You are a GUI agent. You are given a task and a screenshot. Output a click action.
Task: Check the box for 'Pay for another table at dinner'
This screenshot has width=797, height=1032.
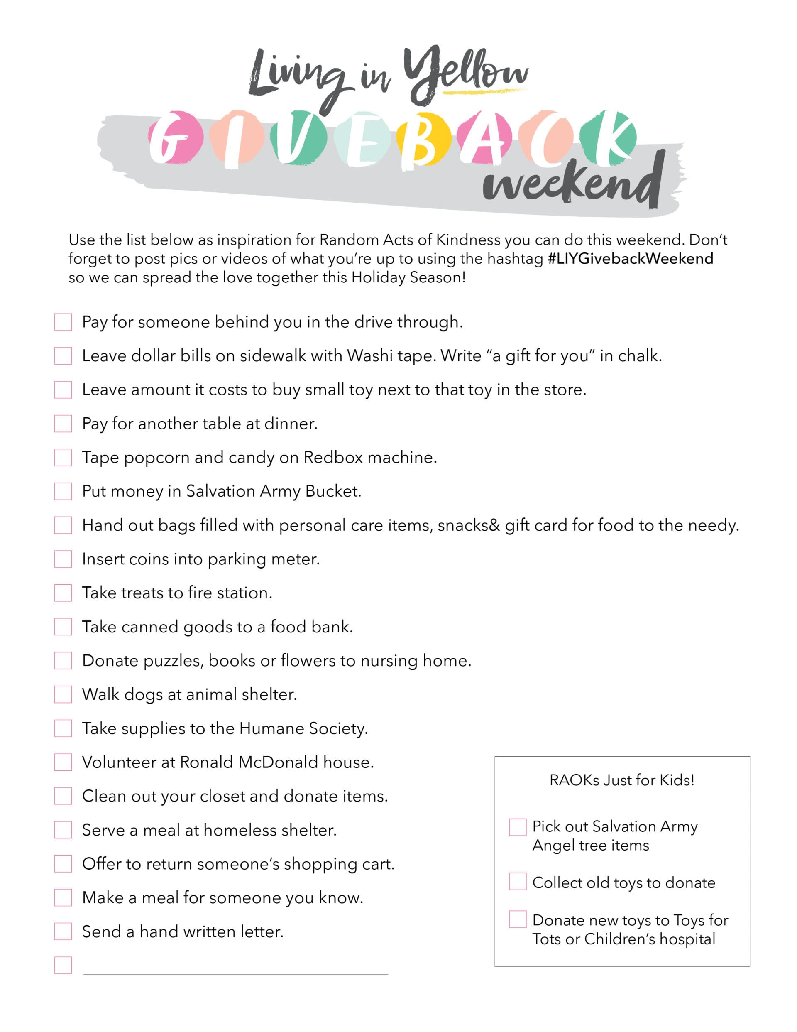point(63,423)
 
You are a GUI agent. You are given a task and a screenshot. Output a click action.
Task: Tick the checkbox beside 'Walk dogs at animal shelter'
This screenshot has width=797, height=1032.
point(63,694)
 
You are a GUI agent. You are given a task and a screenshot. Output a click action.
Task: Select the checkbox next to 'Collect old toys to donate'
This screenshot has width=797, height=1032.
point(517,881)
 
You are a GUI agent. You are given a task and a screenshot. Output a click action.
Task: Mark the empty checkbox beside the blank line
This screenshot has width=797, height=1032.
point(63,965)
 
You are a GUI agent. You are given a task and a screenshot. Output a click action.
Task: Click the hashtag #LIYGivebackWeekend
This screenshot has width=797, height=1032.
point(630,258)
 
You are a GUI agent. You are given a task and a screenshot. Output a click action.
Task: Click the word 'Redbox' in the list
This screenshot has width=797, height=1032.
point(332,457)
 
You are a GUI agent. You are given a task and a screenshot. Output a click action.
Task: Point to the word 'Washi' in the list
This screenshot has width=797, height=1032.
point(367,355)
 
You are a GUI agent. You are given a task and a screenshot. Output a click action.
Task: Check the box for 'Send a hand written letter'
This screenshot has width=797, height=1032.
point(63,931)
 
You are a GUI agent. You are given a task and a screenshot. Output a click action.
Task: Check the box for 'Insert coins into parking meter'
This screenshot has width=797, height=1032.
point(63,559)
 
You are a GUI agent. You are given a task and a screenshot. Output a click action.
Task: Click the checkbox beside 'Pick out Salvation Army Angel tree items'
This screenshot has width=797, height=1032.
point(517,827)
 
